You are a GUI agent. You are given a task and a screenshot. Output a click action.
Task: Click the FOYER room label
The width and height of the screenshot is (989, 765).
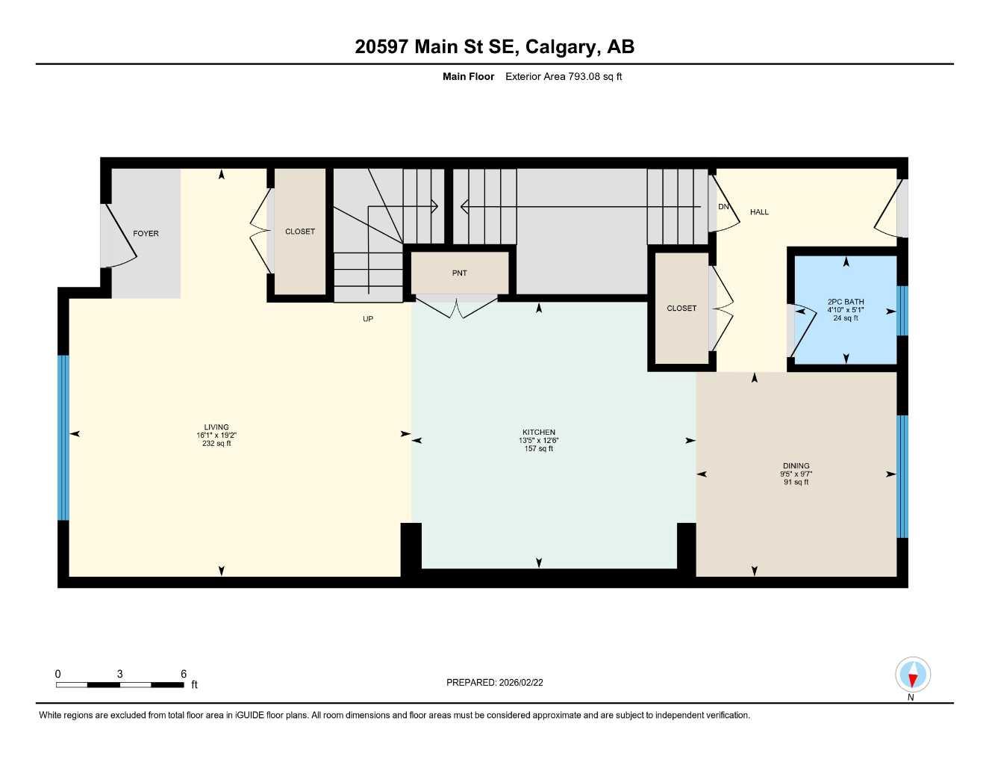point(146,234)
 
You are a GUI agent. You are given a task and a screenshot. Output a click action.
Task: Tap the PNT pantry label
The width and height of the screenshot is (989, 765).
point(459,273)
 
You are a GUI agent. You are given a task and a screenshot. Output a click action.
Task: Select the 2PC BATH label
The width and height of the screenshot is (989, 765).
point(845,302)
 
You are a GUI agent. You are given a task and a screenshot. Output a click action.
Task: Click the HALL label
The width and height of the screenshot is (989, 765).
point(759,212)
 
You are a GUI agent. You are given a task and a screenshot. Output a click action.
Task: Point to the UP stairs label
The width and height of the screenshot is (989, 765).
point(367,319)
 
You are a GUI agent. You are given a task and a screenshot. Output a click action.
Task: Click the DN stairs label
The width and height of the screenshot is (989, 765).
point(723,207)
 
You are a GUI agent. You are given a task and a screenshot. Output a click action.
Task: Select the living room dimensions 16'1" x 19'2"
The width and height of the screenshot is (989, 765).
point(216,436)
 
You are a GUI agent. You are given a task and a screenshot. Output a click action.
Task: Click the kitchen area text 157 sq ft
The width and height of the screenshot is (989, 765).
point(538,448)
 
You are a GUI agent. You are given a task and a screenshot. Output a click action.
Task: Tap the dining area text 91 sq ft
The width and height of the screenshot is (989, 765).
point(796,482)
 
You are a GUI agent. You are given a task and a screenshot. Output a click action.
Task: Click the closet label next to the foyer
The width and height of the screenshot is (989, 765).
point(299,232)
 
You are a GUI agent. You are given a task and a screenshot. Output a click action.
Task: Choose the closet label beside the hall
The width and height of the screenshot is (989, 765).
point(681,309)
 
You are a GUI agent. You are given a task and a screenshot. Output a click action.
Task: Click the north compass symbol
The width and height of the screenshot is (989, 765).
point(912,676)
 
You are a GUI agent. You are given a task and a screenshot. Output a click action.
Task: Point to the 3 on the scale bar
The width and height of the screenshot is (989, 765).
point(119,674)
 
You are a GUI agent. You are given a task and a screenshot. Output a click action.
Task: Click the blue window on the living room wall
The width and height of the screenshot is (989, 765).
point(63,437)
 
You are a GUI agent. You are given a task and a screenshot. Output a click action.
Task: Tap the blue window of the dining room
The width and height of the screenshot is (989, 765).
point(902,476)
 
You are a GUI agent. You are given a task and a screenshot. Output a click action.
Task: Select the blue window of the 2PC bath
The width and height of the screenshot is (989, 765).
point(902,311)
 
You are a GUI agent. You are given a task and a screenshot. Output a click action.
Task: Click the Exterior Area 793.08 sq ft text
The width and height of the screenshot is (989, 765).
point(564,76)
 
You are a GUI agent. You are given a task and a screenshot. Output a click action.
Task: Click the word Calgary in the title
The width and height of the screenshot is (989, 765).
point(562,47)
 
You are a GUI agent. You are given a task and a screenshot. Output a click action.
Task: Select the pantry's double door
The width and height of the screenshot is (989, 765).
point(457,306)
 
